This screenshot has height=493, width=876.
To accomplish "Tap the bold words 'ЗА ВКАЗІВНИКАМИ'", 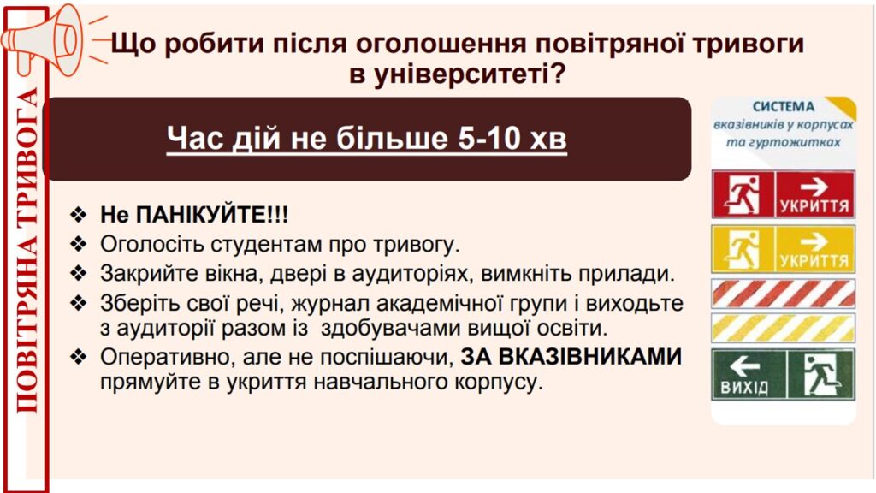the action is (571, 357).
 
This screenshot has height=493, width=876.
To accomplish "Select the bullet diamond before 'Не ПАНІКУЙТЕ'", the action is (79, 215).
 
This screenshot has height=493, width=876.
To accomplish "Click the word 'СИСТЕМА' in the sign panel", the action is (784, 107).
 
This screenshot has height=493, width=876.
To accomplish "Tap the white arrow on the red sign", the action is (814, 186).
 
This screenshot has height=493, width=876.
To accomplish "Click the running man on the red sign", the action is (743, 194).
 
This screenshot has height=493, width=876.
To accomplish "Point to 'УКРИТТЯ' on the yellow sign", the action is (814, 261).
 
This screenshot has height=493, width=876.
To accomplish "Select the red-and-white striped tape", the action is (784, 294).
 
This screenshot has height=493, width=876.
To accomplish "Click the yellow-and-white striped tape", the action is (784, 328).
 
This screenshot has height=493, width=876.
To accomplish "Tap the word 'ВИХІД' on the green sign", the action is (744, 387).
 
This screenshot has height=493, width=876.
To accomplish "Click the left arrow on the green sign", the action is (745, 366).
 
